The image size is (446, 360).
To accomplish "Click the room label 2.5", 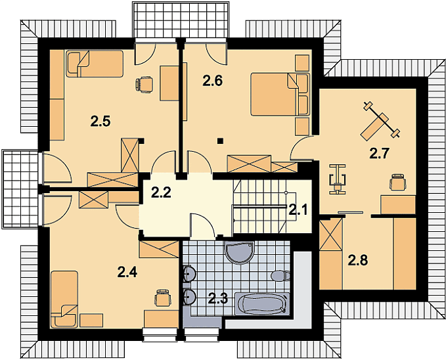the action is click(100, 122).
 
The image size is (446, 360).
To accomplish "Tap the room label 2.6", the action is click(212, 81).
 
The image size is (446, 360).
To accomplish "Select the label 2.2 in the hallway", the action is click(161, 192).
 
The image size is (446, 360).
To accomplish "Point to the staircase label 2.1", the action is click(298, 210).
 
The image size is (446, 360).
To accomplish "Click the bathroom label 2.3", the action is click(218, 299).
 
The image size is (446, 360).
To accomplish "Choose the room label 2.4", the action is click(127, 273).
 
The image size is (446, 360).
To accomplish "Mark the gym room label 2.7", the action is click(379, 154).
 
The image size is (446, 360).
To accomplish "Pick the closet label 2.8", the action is click(358, 260).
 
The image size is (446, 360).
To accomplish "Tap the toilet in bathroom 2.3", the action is click(280, 276).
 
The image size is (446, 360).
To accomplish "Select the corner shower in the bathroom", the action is click(239, 252).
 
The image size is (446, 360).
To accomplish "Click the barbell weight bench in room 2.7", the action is click(380, 121).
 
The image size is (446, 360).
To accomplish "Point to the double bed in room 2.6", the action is click(280, 95).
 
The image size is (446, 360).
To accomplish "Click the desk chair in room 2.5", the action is click(145, 84).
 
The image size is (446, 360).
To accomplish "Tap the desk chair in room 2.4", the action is click(163, 298).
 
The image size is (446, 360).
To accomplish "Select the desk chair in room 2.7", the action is click(398, 182).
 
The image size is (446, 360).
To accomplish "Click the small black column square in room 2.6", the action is click(220, 141).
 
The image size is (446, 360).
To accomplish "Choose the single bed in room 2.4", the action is click(64, 299).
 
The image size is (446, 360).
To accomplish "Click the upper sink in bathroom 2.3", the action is click(189, 273).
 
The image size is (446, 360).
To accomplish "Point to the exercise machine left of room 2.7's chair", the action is click(338, 179).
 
